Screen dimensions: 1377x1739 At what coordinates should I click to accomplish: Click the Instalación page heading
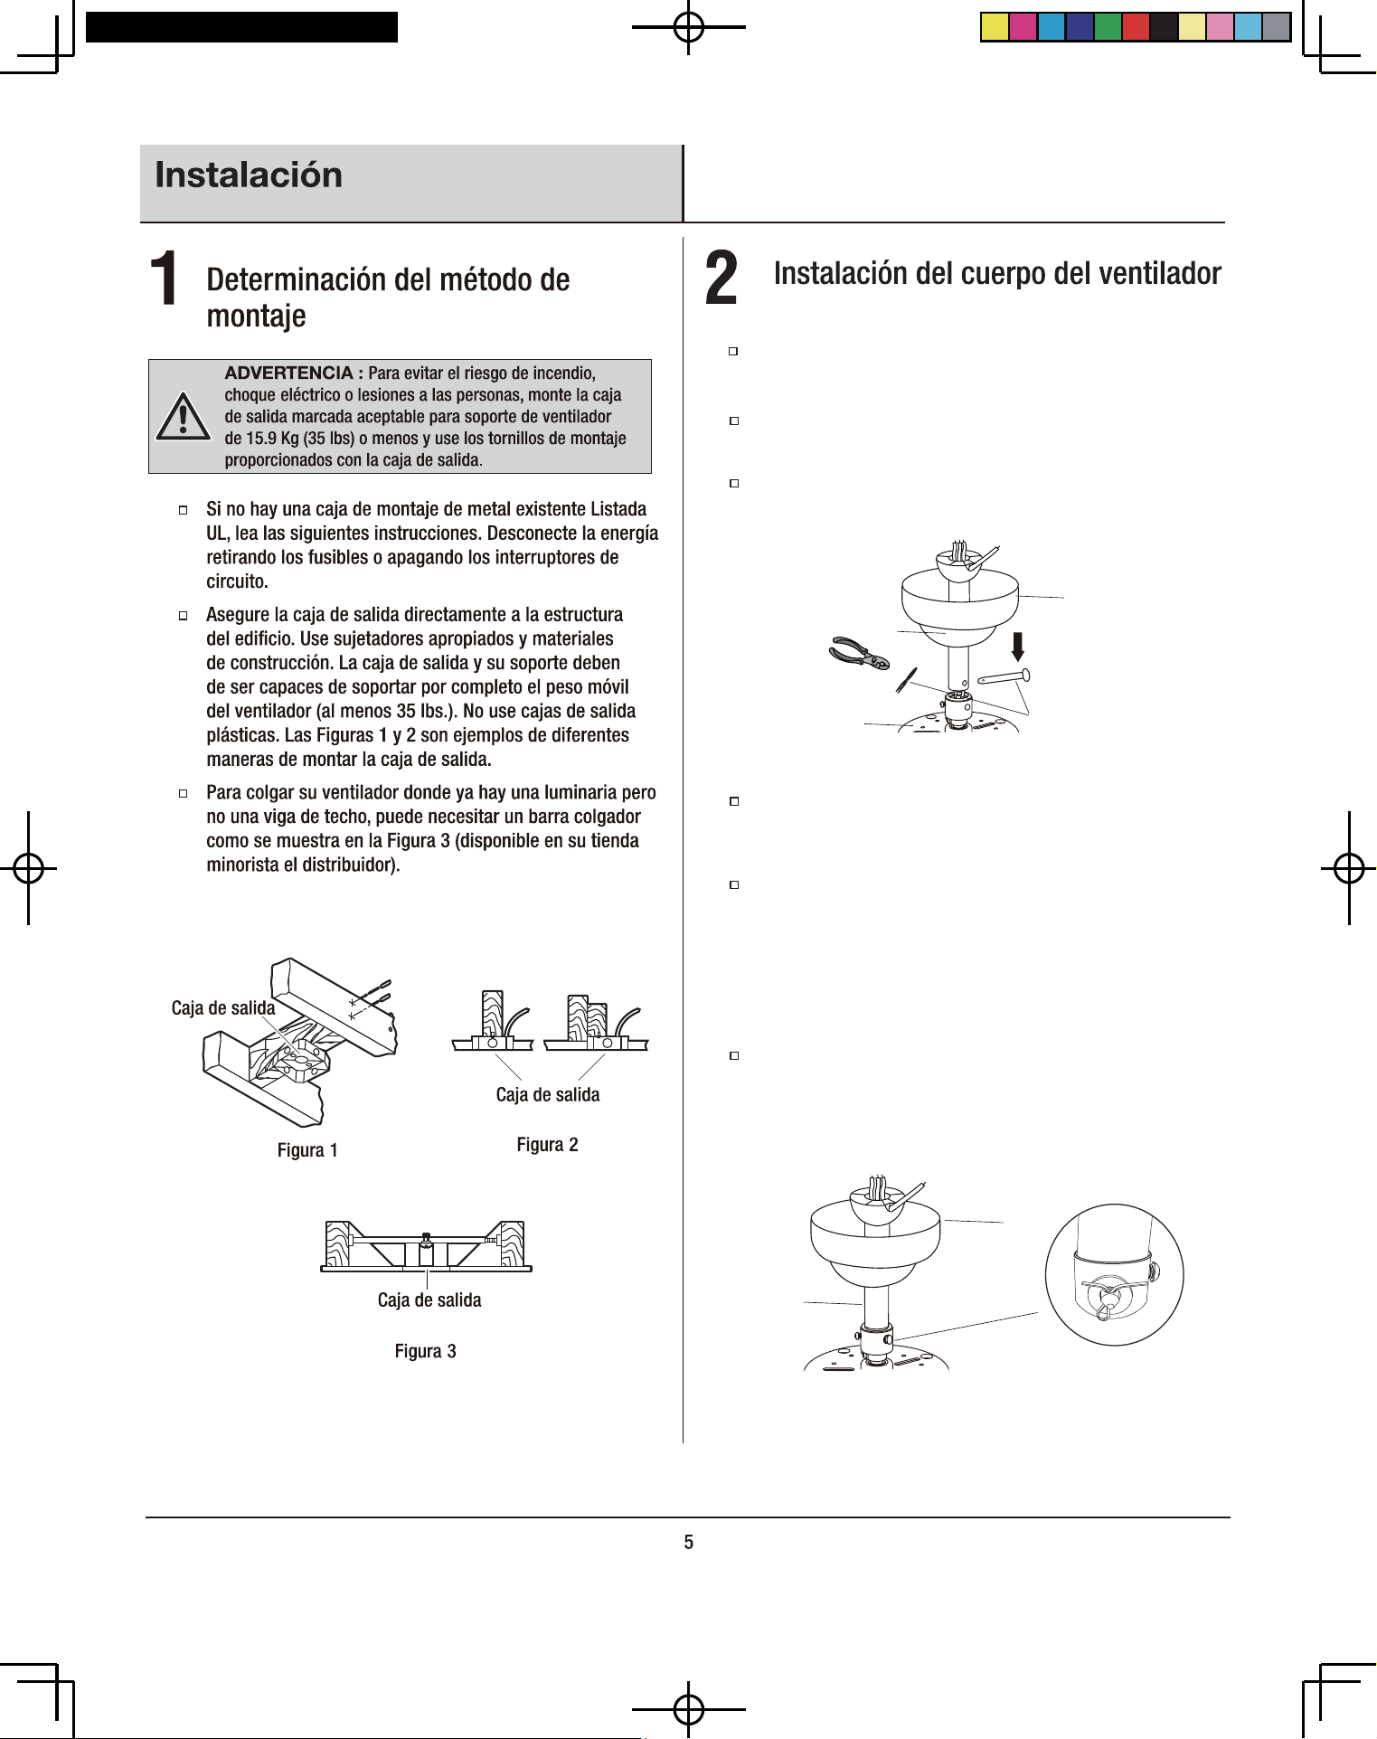[249, 175]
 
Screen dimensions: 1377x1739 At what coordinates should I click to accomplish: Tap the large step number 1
[164, 278]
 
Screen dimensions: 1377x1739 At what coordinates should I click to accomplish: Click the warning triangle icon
[184, 417]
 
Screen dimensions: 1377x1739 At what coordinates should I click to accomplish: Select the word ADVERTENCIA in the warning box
[288, 373]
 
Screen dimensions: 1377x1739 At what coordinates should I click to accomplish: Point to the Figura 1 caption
[307, 1150]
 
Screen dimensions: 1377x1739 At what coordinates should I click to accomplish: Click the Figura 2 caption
[547, 1145]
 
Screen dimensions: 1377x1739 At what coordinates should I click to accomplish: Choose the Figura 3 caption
[425, 1351]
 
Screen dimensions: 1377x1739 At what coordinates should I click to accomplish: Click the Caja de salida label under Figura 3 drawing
[429, 1300]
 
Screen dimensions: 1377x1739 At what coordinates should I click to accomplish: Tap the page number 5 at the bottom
[689, 1543]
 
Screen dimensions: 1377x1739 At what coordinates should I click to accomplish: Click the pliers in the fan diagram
[859, 653]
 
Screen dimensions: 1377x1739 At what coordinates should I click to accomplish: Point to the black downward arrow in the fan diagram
[1018, 647]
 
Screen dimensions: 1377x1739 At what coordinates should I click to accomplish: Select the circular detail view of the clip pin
[1114, 1274]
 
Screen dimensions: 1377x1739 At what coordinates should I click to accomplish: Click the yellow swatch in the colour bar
[995, 27]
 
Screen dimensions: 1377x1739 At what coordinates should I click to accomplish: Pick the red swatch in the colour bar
[1136, 27]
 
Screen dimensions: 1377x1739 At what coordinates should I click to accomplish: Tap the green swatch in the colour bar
[1108, 27]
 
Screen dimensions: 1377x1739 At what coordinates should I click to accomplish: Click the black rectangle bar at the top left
[241, 27]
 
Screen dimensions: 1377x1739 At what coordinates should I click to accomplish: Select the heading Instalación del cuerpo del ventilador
[997, 273]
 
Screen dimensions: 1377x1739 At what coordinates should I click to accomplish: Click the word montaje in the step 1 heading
[256, 317]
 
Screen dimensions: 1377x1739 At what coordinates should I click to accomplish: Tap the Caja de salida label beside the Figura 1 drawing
[223, 1008]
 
